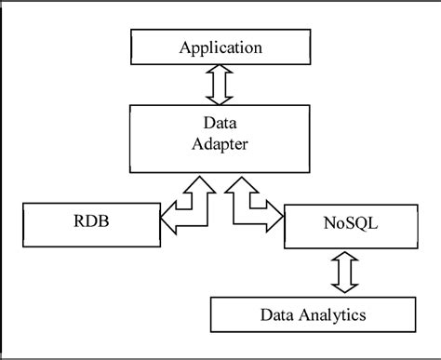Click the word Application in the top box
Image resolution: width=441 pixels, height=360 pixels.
(220, 47)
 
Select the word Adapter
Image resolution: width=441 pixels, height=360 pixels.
(220, 143)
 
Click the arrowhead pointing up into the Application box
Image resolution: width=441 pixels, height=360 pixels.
(220, 70)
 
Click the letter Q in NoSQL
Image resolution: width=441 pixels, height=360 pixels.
(358, 225)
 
